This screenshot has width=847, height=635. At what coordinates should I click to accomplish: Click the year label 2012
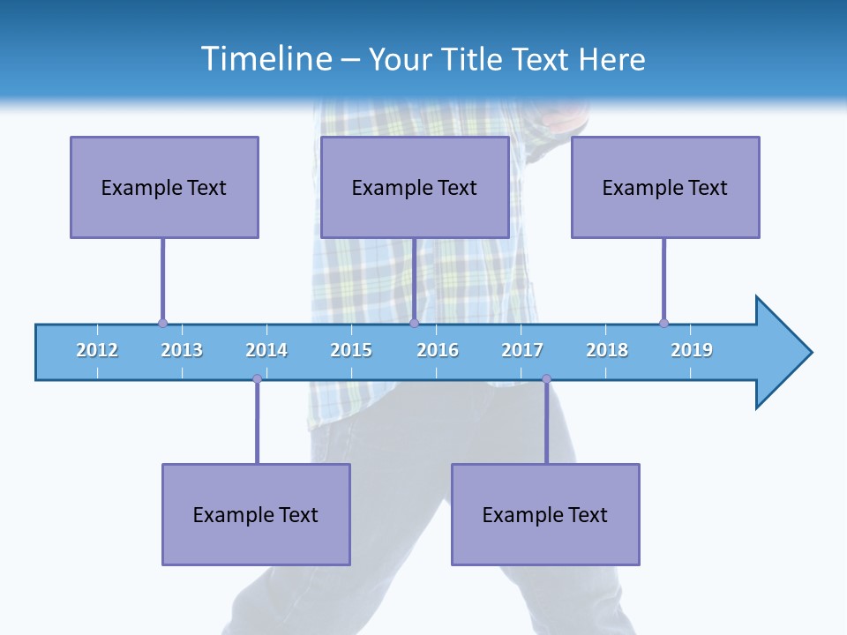tap(97, 350)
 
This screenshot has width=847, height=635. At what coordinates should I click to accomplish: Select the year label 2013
tap(182, 350)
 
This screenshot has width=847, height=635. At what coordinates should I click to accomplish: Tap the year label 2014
tap(266, 350)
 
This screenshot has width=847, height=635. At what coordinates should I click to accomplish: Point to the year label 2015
tap(351, 350)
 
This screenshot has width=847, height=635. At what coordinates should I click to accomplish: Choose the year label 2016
tap(438, 350)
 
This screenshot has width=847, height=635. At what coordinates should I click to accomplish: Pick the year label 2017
tap(522, 350)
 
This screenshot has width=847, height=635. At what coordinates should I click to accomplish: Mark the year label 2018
tap(607, 350)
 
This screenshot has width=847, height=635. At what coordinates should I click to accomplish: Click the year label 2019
tap(692, 350)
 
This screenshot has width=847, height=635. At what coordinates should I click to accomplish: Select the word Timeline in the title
tap(265, 59)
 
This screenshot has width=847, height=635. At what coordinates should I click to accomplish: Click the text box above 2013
tap(164, 187)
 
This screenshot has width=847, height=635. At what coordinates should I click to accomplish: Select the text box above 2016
tap(415, 187)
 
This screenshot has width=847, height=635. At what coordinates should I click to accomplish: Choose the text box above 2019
tap(665, 187)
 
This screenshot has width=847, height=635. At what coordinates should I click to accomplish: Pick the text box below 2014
tap(256, 514)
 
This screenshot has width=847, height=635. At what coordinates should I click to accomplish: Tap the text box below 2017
tap(545, 514)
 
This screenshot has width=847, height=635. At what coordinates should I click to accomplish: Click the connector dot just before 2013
tap(162, 323)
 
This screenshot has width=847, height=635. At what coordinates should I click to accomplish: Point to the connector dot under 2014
tap(257, 378)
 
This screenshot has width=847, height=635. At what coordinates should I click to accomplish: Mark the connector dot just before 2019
tap(663, 323)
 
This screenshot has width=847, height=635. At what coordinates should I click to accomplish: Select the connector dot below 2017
tap(546, 378)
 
